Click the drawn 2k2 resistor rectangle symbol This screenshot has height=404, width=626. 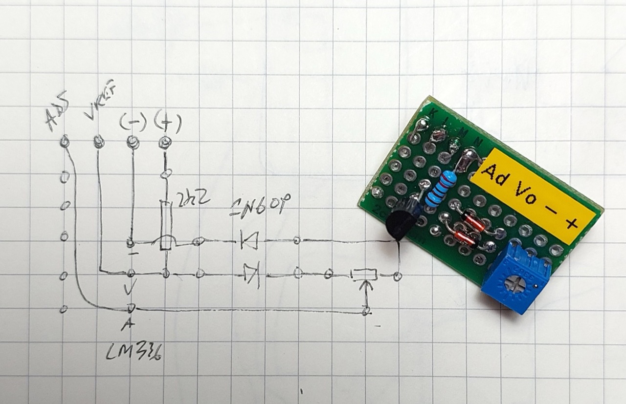click(166, 225)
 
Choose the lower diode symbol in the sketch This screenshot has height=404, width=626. click(251, 274)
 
